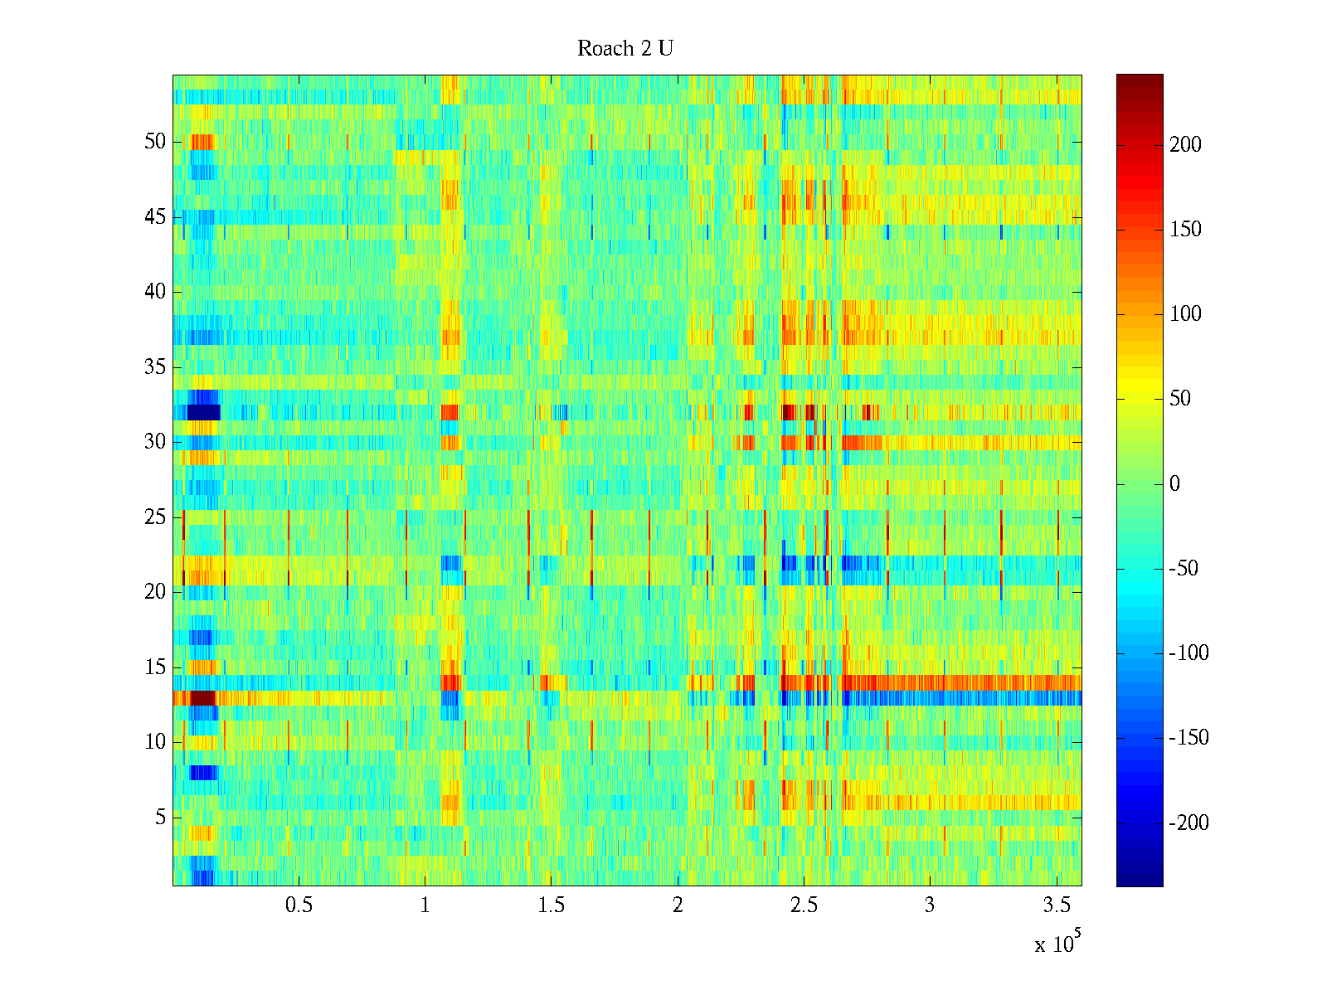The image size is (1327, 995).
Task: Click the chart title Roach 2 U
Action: click(x=625, y=49)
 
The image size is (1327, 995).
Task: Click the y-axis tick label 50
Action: click(x=155, y=142)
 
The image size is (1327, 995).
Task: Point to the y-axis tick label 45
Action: click(x=155, y=217)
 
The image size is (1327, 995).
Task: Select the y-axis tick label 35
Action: click(x=155, y=367)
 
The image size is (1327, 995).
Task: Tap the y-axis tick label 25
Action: click(x=155, y=517)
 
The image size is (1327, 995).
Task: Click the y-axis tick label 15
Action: click(x=155, y=667)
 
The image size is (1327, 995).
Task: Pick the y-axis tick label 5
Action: click(x=160, y=818)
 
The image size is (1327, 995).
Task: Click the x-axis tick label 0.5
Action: click(x=299, y=905)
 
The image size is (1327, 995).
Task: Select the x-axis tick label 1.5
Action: click(x=552, y=905)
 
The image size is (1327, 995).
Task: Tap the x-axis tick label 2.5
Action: click(x=804, y=905)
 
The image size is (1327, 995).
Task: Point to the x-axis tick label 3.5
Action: click(x=1057, y=905)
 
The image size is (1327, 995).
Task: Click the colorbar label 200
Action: click(x=1185, y=145)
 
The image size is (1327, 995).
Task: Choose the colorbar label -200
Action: click(x=1188, y=823)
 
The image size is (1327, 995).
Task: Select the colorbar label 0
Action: click(x=1174, y=484)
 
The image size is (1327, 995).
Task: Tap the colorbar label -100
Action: click(x=1188, y=653)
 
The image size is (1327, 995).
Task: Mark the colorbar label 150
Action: click(x=1185, y=230)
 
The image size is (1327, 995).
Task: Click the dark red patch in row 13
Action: click(x=202, y=698)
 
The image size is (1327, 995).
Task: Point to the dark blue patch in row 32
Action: click(x=203, y=412)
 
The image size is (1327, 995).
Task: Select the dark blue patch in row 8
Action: click(x=203, y=773)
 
